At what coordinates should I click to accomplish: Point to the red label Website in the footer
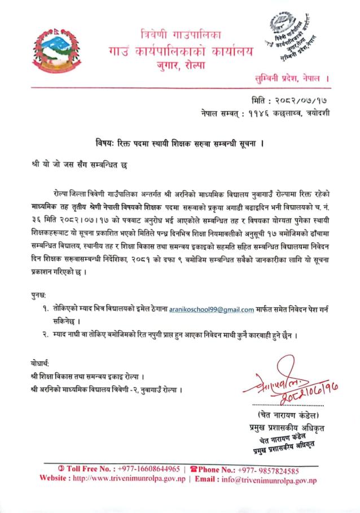pos(55,479)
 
